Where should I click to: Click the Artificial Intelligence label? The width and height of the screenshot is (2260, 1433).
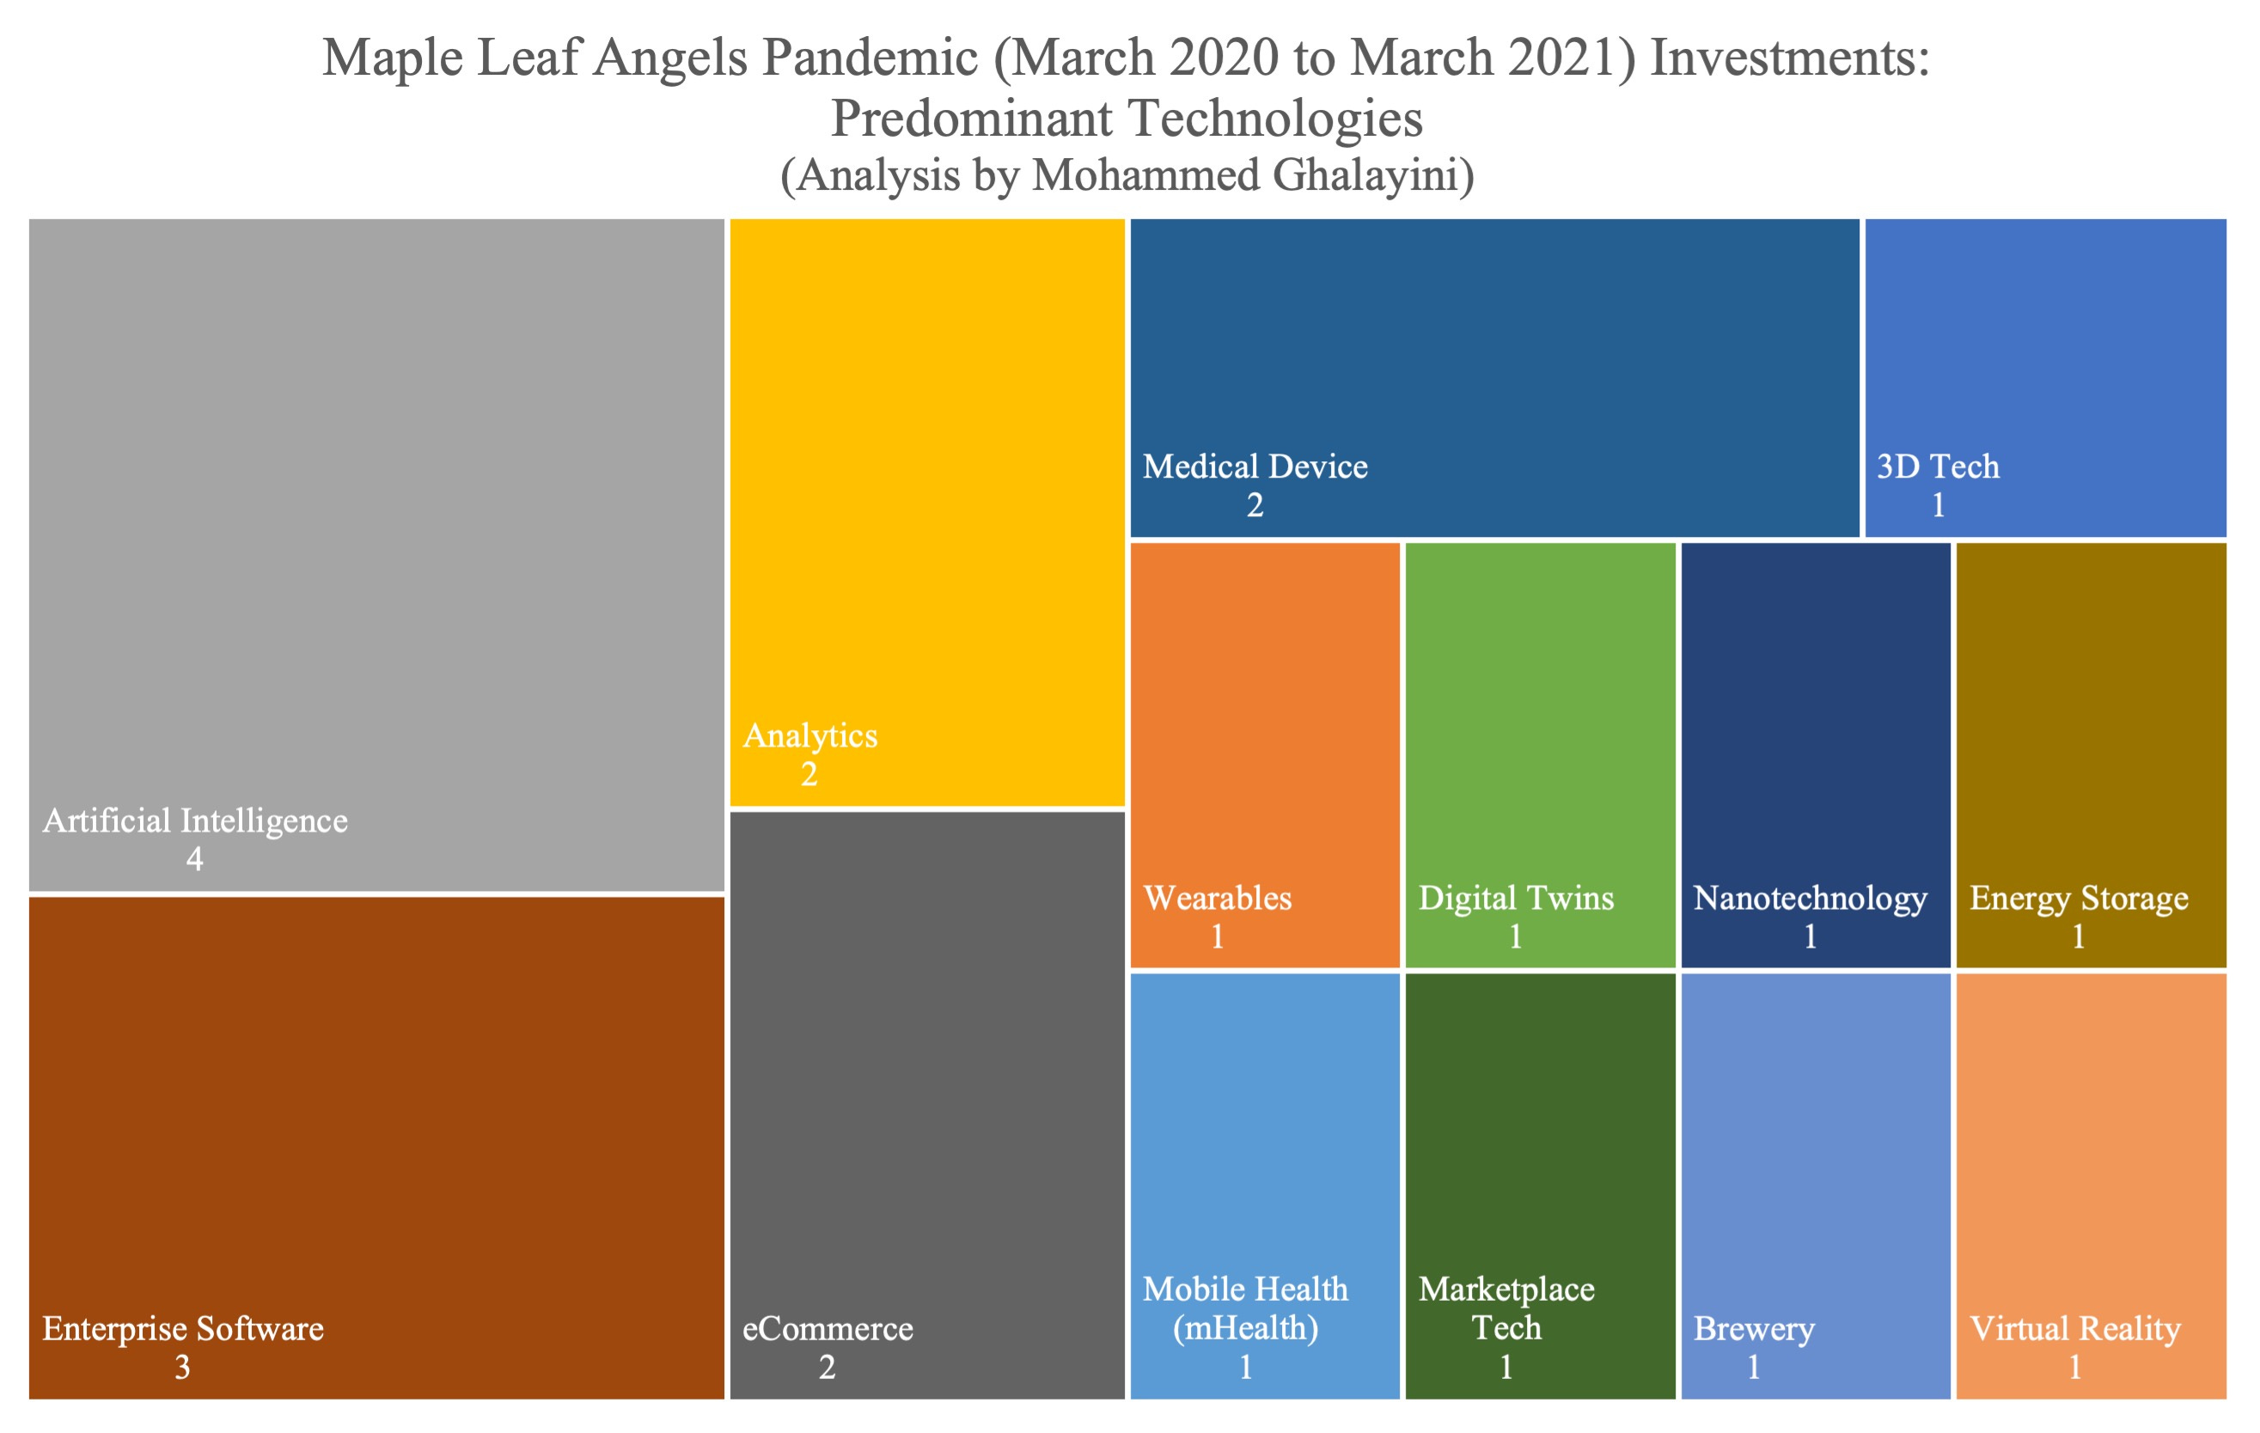click(195, 821)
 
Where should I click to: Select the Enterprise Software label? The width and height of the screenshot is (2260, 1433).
click(183, 1329)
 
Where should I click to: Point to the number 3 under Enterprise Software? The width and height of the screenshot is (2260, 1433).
click(182, 1369)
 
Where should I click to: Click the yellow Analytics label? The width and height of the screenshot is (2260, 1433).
click(810, 735)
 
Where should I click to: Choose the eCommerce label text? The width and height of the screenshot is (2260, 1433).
click(828, 1329)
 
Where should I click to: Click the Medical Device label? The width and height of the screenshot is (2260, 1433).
click(1255, 466)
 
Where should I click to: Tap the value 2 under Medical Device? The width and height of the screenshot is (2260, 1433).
click(1255, 506)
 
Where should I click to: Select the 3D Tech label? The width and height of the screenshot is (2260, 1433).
click(1938, 466)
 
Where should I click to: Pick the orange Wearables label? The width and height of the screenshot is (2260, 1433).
click(1219, 898)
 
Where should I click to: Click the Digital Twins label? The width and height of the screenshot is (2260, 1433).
click(1516, 898)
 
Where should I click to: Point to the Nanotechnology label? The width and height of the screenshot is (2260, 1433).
click(1811, 898)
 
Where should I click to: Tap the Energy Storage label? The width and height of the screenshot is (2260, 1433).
click(2079, 898)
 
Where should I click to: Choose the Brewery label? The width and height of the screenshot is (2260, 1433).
click(1754, 1329)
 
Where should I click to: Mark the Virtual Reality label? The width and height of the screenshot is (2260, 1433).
click(2075, 1329)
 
